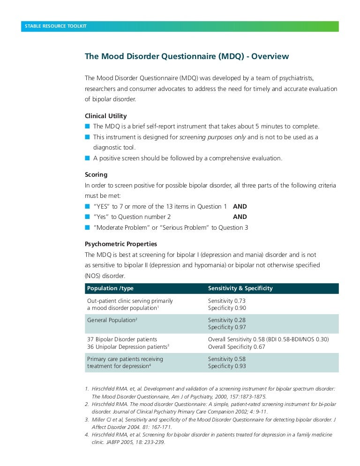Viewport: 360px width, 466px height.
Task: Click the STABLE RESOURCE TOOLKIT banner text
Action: (x=56, y=26)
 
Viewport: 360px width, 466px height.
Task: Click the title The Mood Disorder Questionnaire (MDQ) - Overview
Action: (x=187, y=57)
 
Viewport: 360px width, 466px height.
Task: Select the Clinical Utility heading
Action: (x=105, y=116)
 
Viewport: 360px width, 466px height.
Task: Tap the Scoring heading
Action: (x=96, y=174)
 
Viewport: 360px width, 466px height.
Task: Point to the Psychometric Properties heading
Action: (x=121, y=244)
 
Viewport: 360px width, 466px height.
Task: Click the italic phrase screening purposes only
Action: (x=213, y=137)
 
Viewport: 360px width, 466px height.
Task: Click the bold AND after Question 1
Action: (x=240, y=206)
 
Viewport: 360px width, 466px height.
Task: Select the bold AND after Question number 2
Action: (x=240, y=217)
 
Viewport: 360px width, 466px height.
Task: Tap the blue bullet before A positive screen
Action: (x=87, y=158)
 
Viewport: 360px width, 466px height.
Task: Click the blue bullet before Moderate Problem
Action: (x=87, y=227)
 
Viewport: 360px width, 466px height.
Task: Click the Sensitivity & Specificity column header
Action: (x=240, y=288)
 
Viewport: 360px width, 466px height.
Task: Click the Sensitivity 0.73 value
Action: (x=227, y=301)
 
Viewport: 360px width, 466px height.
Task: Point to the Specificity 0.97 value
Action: (x=227, y=327)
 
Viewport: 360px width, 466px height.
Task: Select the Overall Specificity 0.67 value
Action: (x=237, y=346)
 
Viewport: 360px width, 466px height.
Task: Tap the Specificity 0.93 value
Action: (x=227, y=366)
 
